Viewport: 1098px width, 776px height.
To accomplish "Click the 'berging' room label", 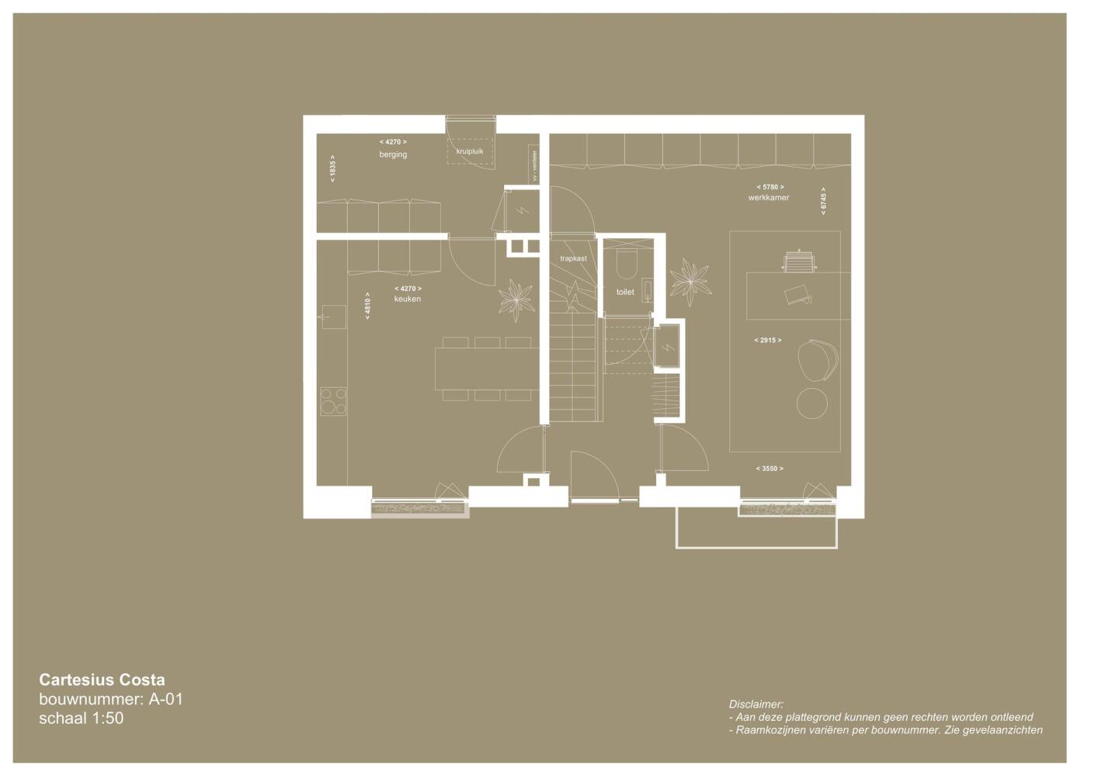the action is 393,154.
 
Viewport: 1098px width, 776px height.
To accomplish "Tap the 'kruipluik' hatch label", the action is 470,151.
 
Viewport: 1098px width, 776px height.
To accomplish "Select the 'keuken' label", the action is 408,299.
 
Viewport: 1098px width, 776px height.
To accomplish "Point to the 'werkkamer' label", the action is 769,197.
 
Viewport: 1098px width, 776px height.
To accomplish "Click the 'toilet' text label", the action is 625,292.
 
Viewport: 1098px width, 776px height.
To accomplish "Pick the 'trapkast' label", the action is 574,258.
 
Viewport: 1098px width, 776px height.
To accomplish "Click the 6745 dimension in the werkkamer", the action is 823,201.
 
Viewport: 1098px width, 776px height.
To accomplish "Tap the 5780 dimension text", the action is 770,187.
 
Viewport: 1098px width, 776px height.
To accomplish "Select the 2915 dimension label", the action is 768,340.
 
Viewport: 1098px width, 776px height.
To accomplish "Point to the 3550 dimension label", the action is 770,469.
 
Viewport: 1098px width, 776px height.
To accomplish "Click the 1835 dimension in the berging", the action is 333,168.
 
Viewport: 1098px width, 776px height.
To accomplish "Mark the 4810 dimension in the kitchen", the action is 367,307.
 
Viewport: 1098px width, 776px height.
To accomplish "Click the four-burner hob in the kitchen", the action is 333,402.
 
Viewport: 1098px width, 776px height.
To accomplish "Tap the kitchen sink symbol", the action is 335,317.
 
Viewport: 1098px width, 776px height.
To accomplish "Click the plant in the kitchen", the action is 516,300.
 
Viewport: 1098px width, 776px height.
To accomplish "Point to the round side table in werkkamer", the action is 812,404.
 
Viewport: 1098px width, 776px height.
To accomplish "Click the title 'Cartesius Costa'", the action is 102,680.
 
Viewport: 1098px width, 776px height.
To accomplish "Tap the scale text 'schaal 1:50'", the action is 82,719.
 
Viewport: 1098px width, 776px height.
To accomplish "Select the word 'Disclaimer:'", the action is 756,704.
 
